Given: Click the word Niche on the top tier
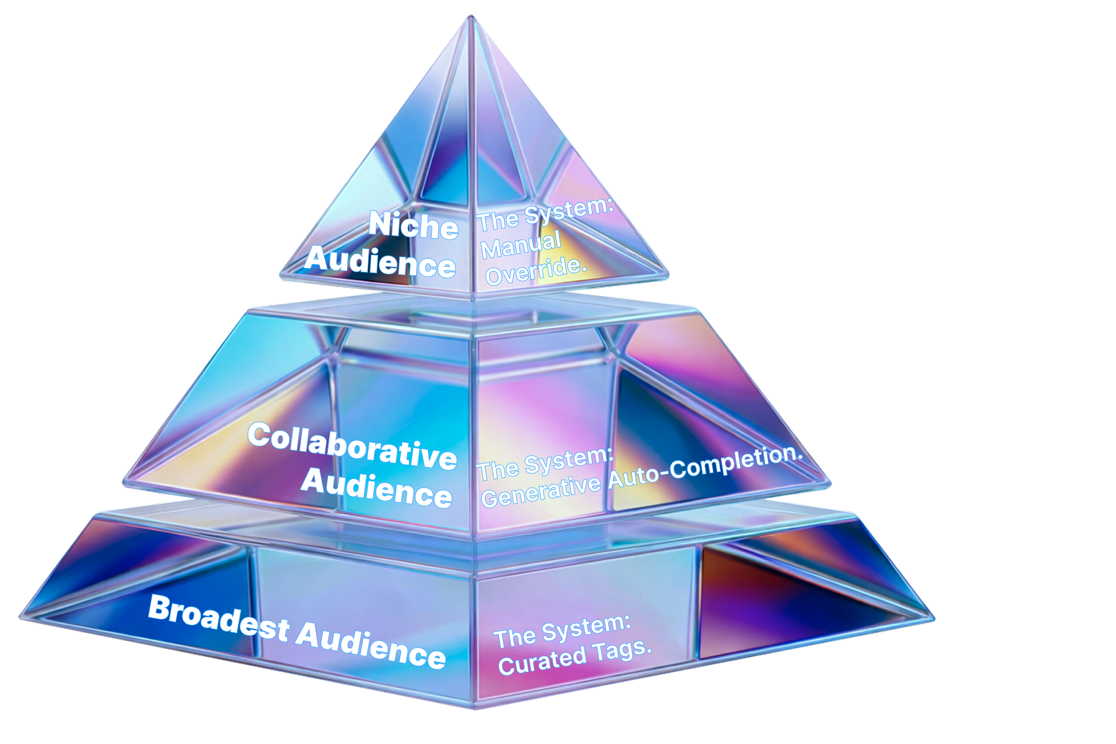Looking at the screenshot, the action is pos(413,225).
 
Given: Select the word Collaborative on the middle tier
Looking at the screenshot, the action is pos(352,446).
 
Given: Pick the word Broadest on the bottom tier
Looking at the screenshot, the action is pos(218,620).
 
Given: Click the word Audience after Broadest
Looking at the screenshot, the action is pos(371,645).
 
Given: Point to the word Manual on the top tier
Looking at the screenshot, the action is pos(521,246).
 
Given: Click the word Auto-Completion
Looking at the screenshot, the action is pos(705,467).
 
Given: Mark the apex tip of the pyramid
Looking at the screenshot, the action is pos(471,17).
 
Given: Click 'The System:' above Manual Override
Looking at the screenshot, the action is pos(546,215).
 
